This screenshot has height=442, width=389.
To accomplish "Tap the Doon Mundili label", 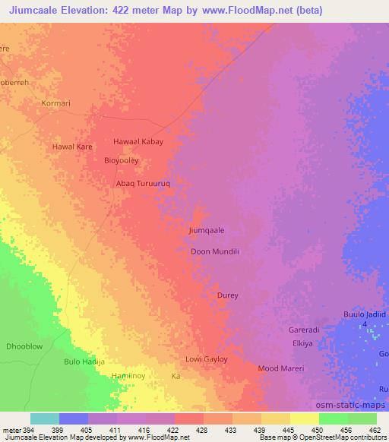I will tap(215, 251).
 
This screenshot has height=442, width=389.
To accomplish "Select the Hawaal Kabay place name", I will tap(138, 141).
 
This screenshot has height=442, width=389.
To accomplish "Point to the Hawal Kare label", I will tap(72, 146).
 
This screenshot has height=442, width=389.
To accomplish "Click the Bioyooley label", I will tap(121, 160).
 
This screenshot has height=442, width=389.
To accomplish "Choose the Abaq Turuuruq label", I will tap(142, 183).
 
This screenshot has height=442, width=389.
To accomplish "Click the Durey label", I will tap(227, 295).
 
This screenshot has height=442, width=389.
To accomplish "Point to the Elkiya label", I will tap(302, 343).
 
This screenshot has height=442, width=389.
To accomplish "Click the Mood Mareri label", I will tap(281, 368).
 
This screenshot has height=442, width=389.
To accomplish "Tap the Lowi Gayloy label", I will tap(207, 359).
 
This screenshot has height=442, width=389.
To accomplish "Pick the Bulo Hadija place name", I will tap(84, 362).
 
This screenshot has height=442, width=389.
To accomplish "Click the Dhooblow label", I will tap(24, 346).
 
